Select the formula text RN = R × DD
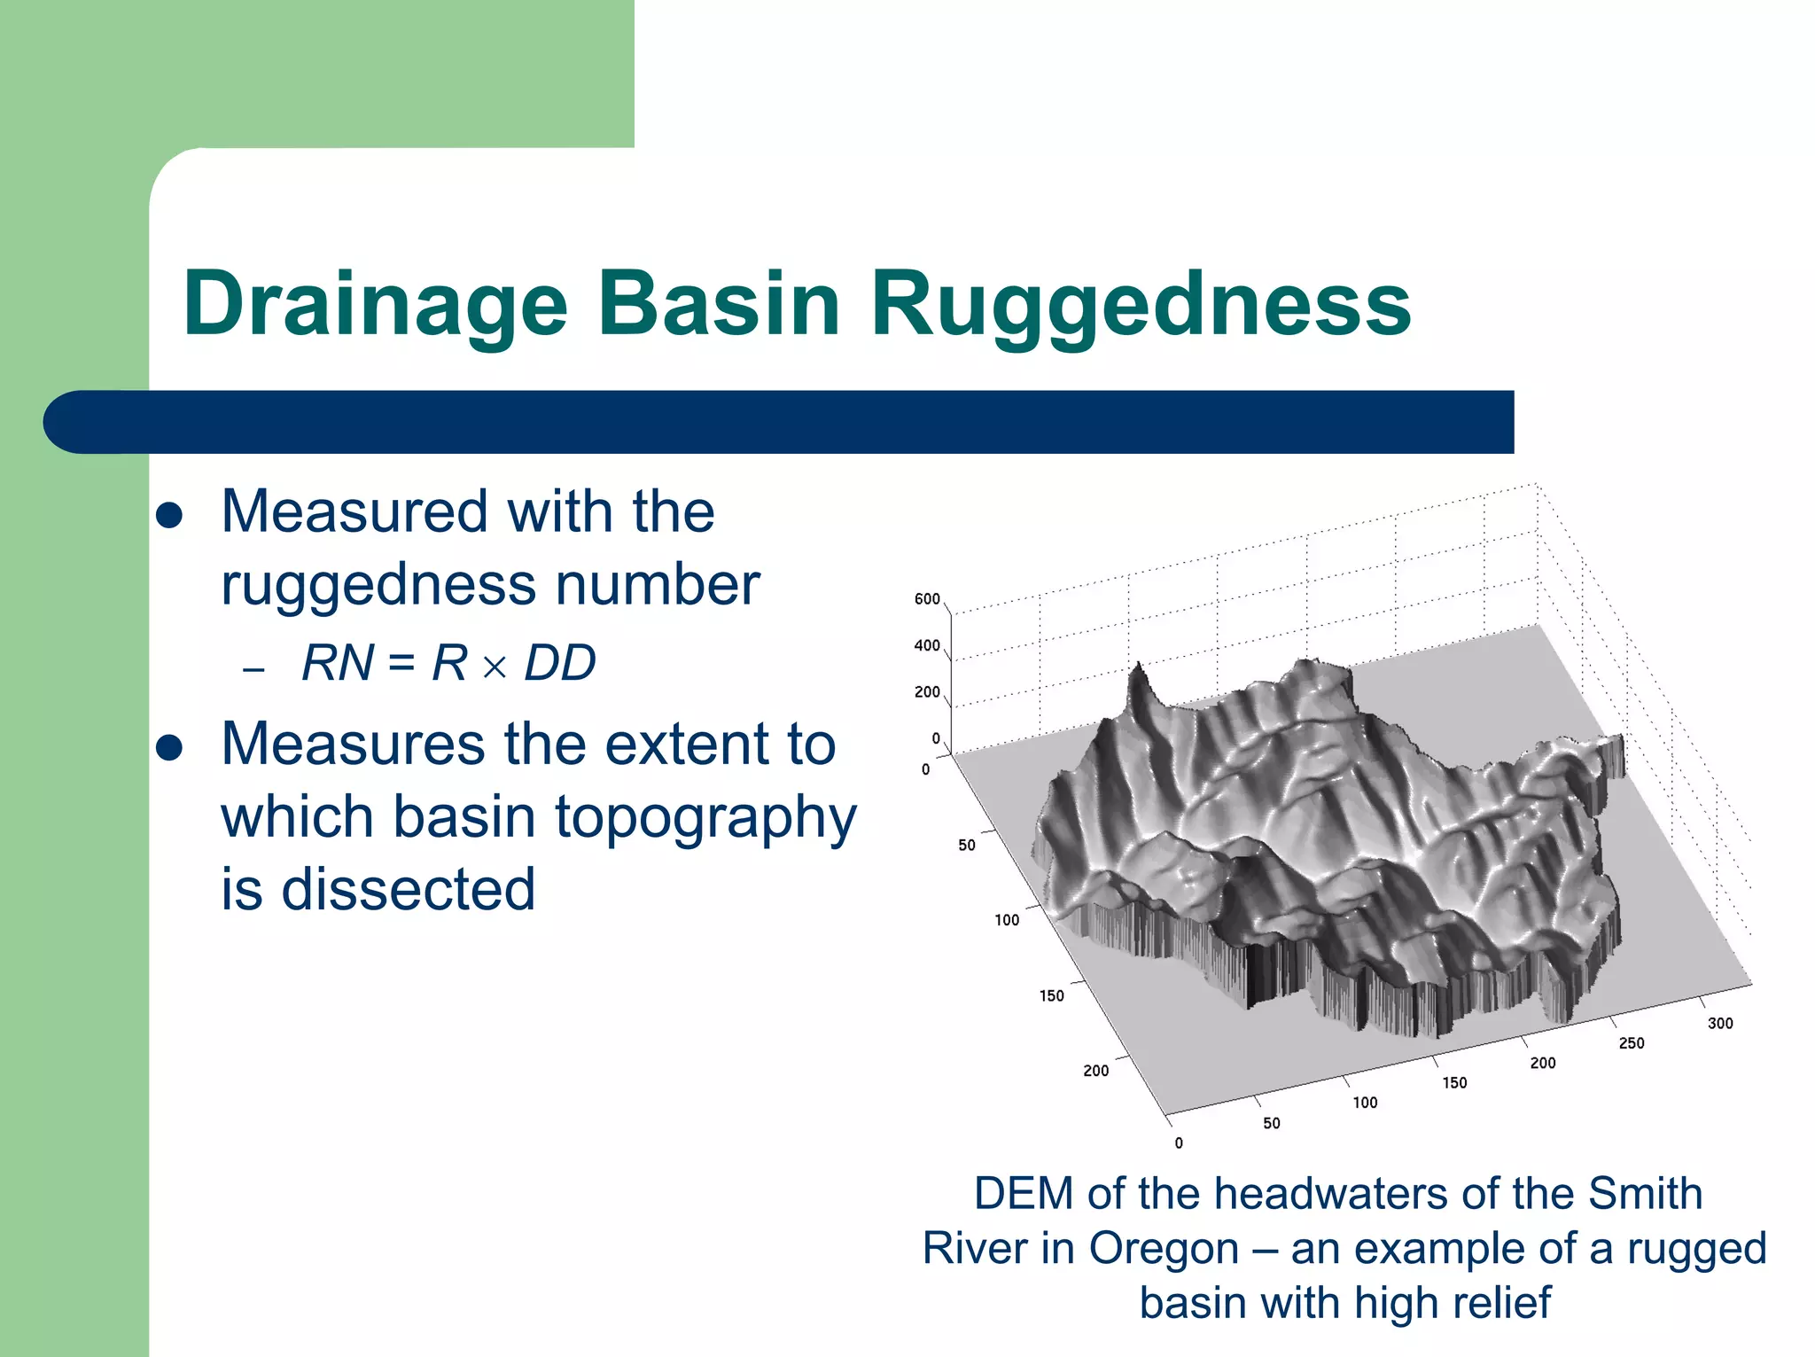pyautogui.click(x=448, y=663)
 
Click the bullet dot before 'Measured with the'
pyautogui.click(x=168, y=516)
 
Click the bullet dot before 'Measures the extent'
pyautogui.click(x=168, y=747)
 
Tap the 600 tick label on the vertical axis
pyautogui.click(x=927, y=599)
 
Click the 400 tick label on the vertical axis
pyautogui.click(x=927, y=645)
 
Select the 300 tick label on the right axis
pyautogui.click(x=1720, y=1023)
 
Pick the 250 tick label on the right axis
pyautogui.click(x=1632, y=1043)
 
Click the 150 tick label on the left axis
pyautogui.click(x=1051, y=995)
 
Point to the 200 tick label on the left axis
pyautogui.click(x=1095, y=1071)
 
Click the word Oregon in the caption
pyautogui.click(x=1163, y=1248)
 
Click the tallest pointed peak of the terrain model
pyautogui.click(x=1137, y=667)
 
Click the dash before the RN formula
pyautogui.click(x=253, y=669)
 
